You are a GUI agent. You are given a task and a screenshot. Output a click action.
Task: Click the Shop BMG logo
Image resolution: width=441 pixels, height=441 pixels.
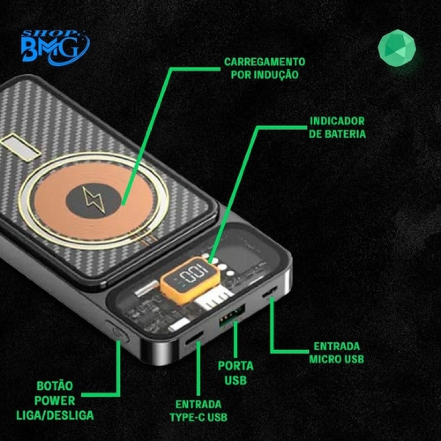click(56, 47)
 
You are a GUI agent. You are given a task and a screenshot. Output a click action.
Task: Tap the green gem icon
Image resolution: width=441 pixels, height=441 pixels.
click(397, 48)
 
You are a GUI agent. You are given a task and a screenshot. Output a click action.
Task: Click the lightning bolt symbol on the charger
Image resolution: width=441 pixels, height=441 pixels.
click(94, 200)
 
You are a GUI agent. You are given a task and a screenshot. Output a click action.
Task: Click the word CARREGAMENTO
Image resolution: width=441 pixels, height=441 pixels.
click(265, 62)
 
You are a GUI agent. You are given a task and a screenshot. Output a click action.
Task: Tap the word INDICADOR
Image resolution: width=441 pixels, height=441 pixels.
click(337, 121)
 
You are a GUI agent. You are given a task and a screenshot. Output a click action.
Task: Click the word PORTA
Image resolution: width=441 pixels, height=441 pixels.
click(236, 366)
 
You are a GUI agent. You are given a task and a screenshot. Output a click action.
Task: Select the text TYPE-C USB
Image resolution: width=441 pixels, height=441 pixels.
click(198, 417)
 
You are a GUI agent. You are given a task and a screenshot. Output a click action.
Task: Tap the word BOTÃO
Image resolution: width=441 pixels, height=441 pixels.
click(55, 386)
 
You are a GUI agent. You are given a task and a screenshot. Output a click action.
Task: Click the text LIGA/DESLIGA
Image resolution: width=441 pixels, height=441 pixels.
click(55, 415)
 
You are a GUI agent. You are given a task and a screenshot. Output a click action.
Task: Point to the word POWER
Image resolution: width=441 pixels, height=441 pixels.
click(55, 400)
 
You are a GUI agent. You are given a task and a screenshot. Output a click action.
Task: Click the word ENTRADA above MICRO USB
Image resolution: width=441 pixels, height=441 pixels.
click(337, 346)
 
